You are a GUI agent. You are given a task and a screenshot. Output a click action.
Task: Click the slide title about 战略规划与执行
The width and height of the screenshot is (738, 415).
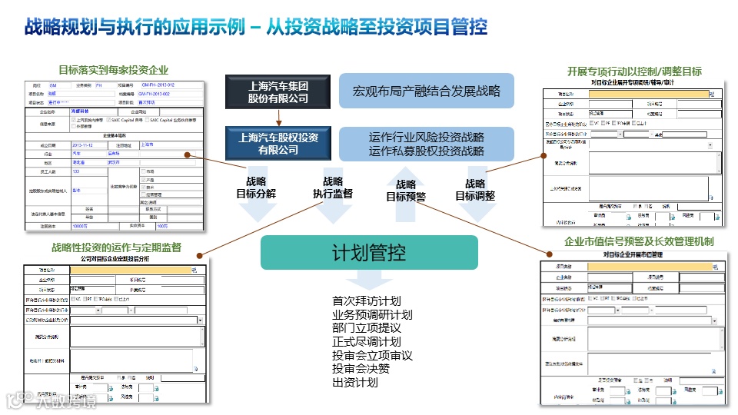pyautogui.click(x=256, y=28)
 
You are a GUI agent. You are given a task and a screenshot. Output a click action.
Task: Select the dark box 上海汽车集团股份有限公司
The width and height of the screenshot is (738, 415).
pyautogui.click(x=278, y=91)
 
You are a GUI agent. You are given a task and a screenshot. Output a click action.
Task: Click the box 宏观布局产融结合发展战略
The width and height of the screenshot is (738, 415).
pyautogui.click(x=426, y=91)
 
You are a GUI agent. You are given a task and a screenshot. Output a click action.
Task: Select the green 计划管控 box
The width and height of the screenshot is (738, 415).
pyautogui.click(x=369, y=252)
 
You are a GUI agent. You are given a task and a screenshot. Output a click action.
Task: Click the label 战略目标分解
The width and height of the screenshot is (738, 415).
pyautogui.click(x=255, y=188)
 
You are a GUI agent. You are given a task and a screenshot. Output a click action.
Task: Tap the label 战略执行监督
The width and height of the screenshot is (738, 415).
pyautogui.click(x=332, y=188)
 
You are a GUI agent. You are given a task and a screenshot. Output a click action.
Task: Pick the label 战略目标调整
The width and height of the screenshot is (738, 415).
pyautogui.click(x=474, y=190)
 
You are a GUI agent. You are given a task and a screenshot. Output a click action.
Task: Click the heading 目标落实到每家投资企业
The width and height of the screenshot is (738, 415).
pyautogui.click(x=113, y=70)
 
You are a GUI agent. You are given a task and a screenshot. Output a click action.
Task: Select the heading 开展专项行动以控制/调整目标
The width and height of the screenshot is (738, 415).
pyautogui.click(x=633, y=71)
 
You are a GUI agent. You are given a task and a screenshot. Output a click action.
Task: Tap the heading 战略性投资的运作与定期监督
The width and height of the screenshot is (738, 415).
pyautogui.click(x=116, y=247)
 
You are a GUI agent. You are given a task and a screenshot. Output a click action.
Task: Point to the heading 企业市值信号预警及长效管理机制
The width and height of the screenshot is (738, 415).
pyautogui.click(x=639, y=241)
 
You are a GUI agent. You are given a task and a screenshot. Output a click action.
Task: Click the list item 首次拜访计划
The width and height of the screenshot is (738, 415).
pyautogui.click(x=366, y=301)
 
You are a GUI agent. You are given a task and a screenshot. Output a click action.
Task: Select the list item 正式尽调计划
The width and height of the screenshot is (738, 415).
pyautogui.click(x=366, y=341)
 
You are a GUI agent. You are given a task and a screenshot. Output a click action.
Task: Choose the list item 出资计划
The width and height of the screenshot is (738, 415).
pyautogui.click(x=355, y=382)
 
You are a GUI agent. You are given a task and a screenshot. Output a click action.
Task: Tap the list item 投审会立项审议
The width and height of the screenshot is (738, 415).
pyautogui.click(x=372, y=355)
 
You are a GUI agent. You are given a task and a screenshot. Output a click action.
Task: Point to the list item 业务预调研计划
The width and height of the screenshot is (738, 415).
pyautogui.click(x=372, y=315)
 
